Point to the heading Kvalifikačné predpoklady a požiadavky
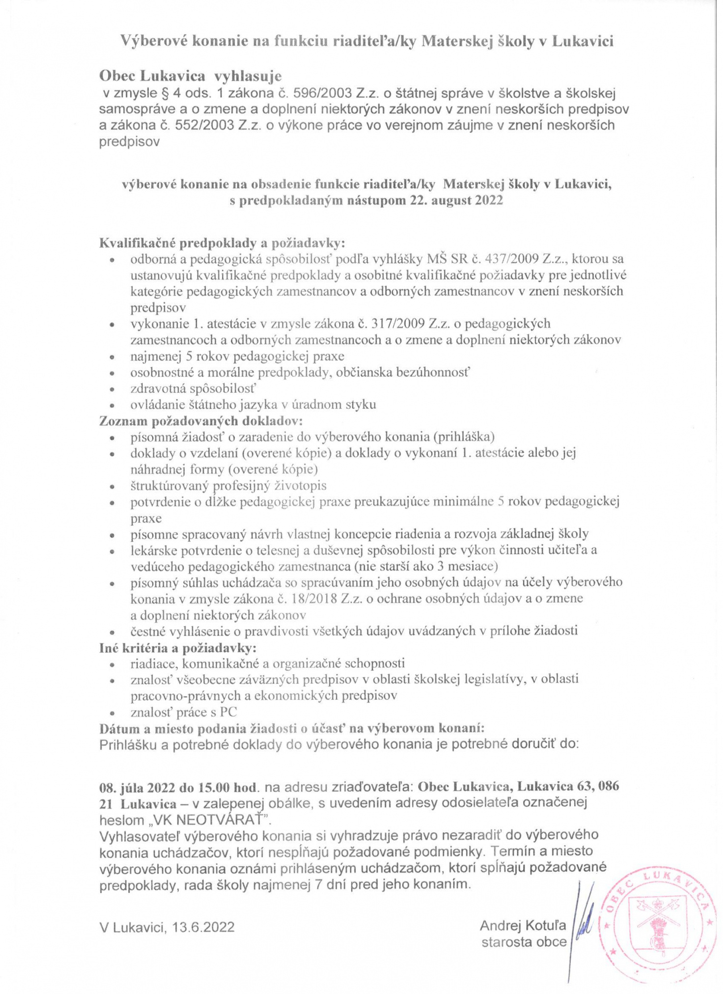tap(222, 243)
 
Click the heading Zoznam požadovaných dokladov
tap(201, 421)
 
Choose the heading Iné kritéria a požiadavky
tap(178, 648)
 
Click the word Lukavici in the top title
tap(583, 42)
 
